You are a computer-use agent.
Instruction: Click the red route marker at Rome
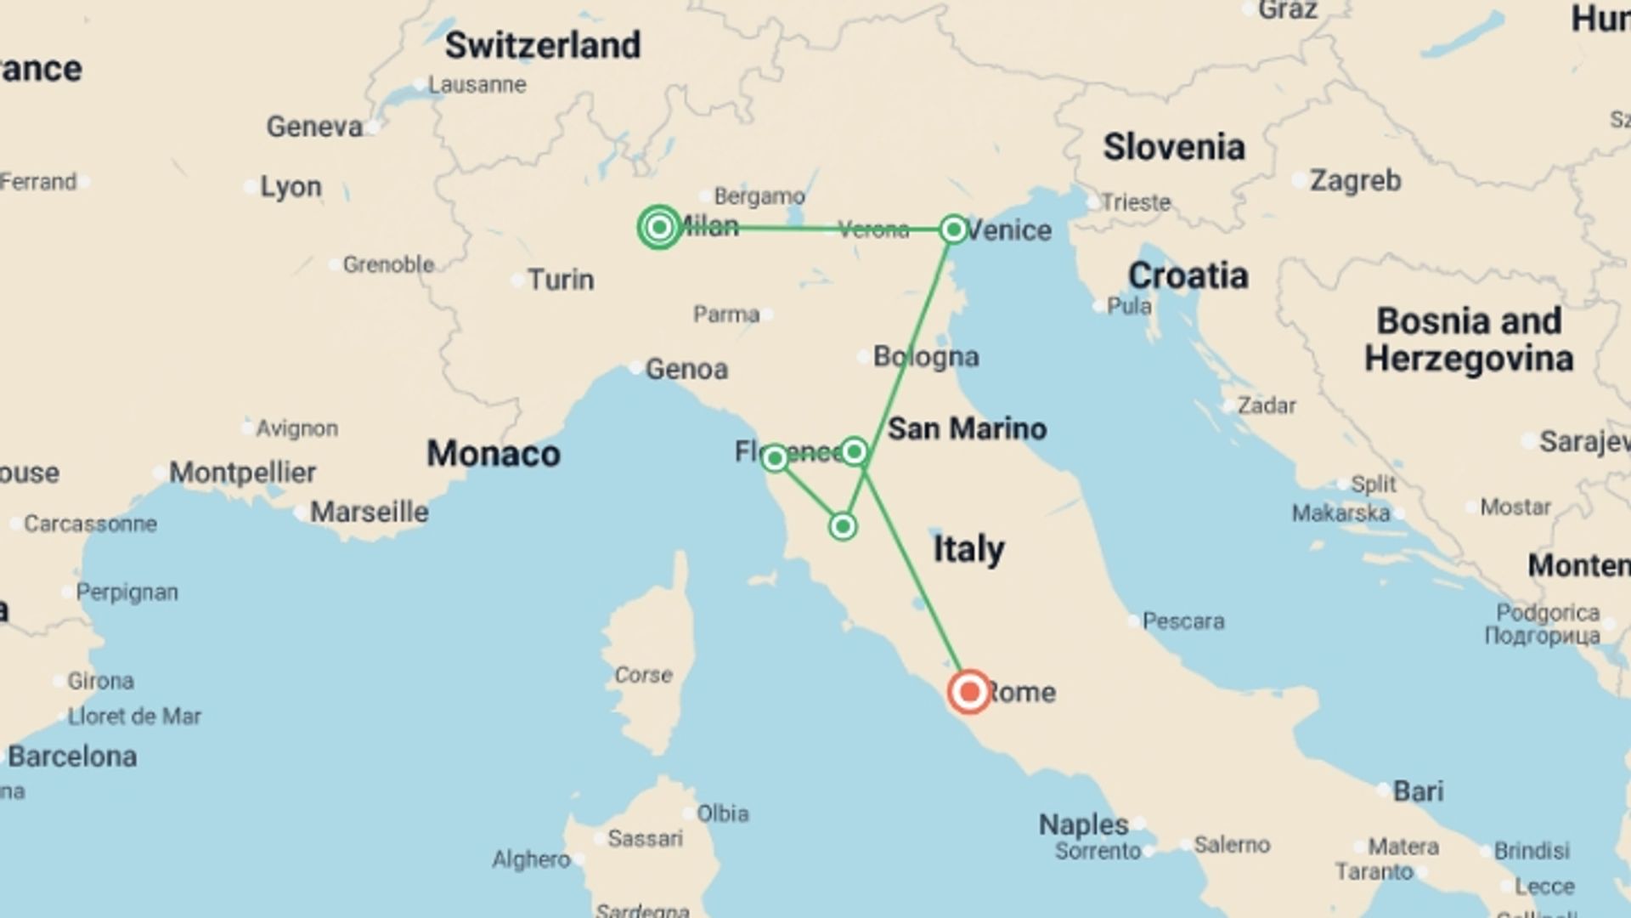969,691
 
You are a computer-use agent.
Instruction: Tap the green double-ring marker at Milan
659,227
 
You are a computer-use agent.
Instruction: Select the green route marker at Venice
953,229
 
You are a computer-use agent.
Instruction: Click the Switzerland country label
543,46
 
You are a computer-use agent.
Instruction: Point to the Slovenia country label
1174,147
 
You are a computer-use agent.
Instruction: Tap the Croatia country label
1188,275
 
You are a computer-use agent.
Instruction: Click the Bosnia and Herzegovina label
1469,340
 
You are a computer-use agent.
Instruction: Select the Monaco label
493,454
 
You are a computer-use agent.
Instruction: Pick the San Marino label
967,428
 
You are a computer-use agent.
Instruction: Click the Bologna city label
926,356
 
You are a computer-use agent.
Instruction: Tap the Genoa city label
686,369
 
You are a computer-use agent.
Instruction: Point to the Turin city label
561,280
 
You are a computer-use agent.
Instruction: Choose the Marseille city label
369,512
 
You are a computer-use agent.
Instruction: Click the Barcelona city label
72,756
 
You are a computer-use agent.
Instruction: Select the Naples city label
1083,824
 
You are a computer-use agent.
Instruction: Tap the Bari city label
1418,790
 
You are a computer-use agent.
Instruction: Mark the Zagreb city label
1355,180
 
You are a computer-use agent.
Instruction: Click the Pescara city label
1182,621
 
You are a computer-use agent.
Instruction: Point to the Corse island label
643,675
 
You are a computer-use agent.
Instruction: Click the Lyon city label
291,186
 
